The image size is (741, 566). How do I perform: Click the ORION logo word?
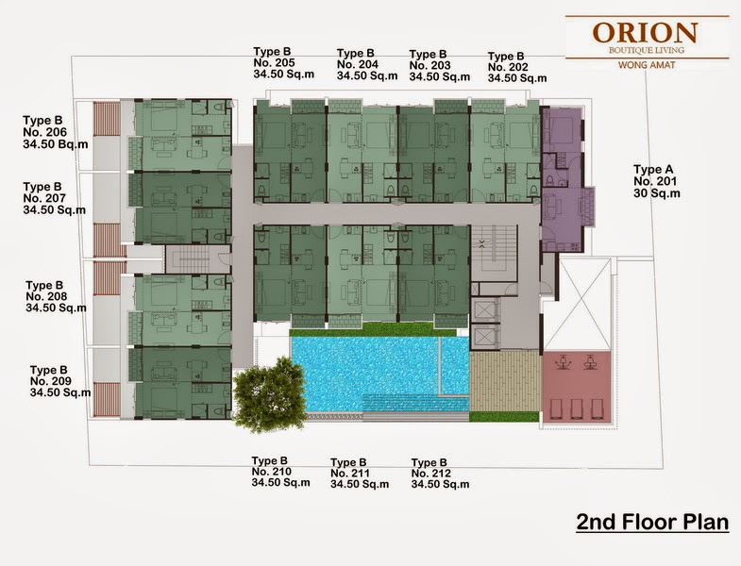click(645, 33)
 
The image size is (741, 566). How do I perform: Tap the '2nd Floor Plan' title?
click(652, 523)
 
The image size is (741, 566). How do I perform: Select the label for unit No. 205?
click(283, 63)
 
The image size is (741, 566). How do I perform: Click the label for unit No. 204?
click(367, 64)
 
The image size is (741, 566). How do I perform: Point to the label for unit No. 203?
click(440, 66)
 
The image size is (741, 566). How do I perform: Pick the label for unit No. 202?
click(517, 68)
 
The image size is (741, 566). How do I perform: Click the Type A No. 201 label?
click(657, 181)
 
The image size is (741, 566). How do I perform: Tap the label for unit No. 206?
click(56, 132)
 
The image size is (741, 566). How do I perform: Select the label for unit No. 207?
click(55, 198)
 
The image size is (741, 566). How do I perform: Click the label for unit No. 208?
click(57, 297)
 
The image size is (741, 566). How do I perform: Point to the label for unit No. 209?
click(60, 381)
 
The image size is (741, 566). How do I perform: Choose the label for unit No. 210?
click(280, 472)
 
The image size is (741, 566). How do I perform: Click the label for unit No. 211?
click(360, 474)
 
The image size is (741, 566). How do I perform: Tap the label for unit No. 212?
click(440, 474)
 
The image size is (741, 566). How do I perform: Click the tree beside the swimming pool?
click(270, 395)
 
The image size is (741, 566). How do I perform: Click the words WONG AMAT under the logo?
click(647, 65)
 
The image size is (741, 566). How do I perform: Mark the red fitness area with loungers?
click(577, 386)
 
